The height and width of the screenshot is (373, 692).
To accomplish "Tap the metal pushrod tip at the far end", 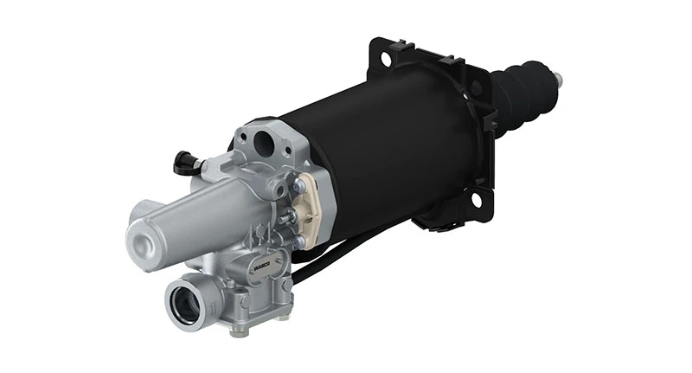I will (x=559, y=82).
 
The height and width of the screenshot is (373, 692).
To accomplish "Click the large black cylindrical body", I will (x=389, y=156).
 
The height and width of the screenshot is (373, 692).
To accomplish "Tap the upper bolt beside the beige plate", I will (x=298, y=184).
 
